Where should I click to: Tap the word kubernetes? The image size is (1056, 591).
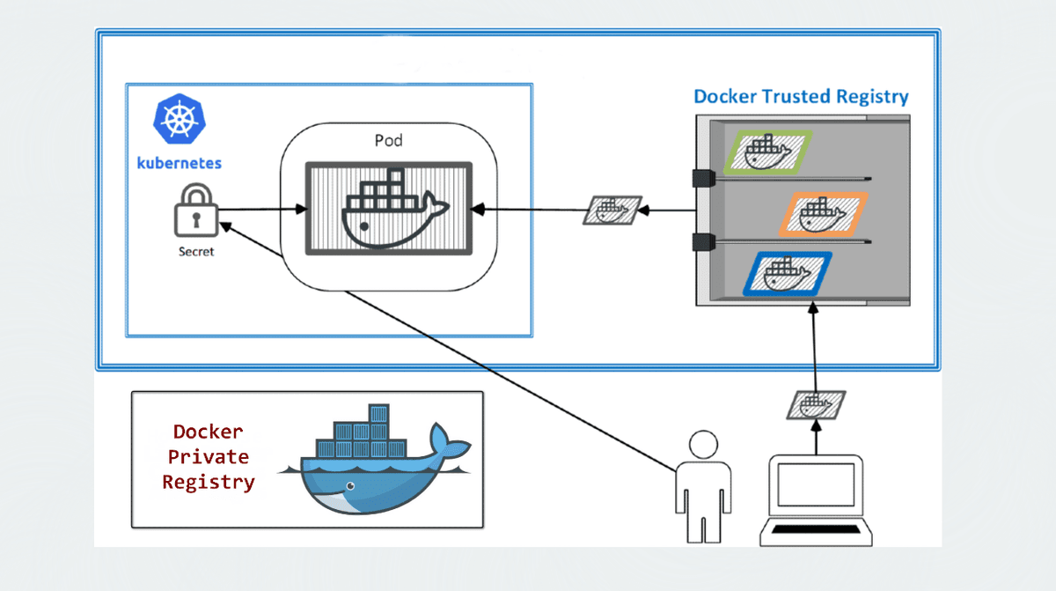click(x=180, y=163)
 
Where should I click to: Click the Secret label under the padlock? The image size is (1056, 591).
click(x=194, y=251)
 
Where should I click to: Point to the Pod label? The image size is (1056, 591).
click(x=388, y=140)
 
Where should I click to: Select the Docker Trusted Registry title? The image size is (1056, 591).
click(x=801, y=97)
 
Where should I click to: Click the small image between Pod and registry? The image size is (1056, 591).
click(x=612, y=211)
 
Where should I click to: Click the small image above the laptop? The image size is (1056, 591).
click(x=815, y=405)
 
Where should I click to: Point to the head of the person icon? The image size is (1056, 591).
click(x=701, y=444)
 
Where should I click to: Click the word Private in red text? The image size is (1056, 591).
click(x=208, y=457)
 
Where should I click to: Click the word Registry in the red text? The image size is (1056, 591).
click(x=208, y=483)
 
